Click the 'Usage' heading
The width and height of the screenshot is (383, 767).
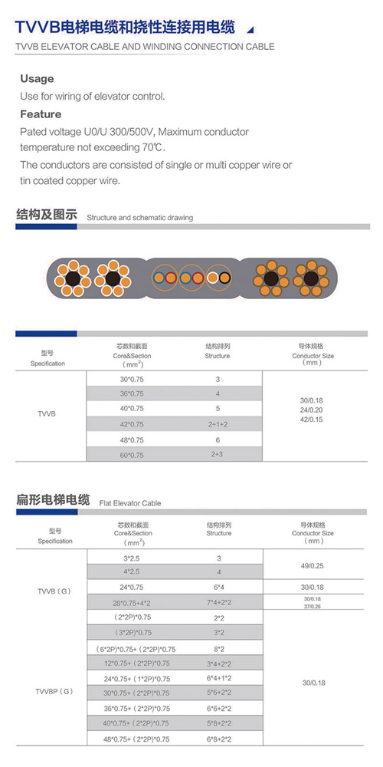37,79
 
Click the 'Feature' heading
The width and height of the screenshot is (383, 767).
41,114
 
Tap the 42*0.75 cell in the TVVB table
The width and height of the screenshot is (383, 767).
132,424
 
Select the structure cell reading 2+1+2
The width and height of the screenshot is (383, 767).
218,425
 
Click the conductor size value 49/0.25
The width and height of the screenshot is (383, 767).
313,565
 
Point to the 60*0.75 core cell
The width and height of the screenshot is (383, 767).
132,455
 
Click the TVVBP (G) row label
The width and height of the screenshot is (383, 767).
54,691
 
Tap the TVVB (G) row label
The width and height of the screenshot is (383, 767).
54,591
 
